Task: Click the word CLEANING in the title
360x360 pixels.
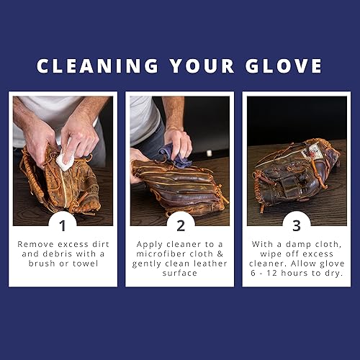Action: tap(93, 66)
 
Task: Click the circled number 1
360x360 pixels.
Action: tap(63, 224)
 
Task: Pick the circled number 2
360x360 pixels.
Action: tap(180, 224)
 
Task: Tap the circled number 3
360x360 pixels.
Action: tap(297, 224)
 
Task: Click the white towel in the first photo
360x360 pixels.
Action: tap(66, 161)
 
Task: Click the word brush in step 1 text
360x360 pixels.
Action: tap(44, 264)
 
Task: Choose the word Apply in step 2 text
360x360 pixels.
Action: tap(150, 244)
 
